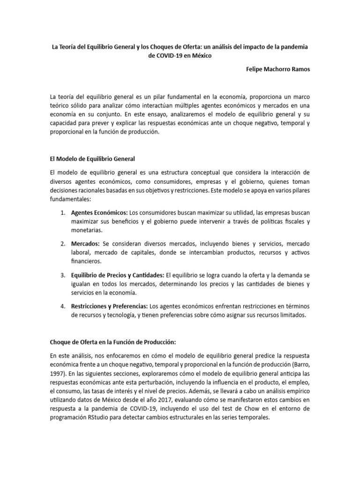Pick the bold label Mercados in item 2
85,244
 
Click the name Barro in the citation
299,363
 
